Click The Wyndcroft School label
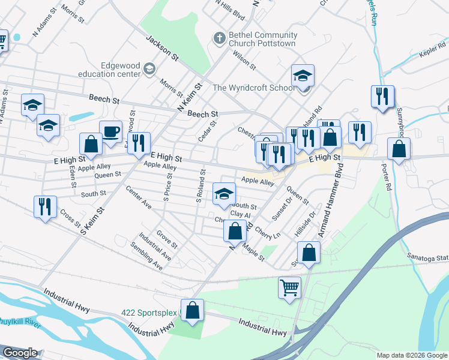[254, 88]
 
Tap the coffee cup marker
[111, 131]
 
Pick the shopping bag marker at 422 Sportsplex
[192, 310]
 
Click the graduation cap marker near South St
[224, 194]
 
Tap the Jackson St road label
[162, 47]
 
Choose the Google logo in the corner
[20, 353]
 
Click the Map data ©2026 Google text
[411, 355]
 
